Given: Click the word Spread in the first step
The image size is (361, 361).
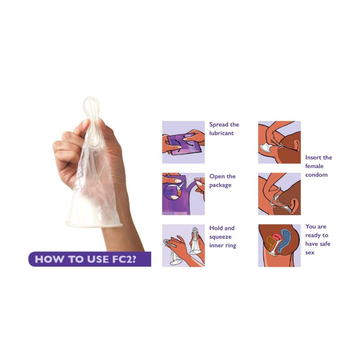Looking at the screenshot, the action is point(219,125).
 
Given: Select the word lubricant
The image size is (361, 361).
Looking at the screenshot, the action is point(222,133).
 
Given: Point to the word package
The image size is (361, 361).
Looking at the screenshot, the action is point(220,185).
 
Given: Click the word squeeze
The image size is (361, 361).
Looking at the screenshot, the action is point(220,237).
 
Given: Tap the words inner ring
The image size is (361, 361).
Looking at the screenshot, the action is point(222,245).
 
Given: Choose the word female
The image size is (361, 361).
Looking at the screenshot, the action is point(314,166).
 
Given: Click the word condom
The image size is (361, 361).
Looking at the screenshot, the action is point(316,175).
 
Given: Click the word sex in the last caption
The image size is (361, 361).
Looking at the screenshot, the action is point(310,253).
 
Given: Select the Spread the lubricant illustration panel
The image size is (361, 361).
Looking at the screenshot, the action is point(184,142).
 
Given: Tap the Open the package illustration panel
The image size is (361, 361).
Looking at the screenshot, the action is point(184,194).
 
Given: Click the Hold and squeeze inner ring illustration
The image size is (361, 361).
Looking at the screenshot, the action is point(184,245).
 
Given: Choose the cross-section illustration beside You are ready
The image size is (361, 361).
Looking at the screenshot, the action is point(279,245).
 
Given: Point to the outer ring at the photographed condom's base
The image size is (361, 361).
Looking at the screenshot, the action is point(93,225).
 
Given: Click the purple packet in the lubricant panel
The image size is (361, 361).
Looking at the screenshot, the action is point(184,145).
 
